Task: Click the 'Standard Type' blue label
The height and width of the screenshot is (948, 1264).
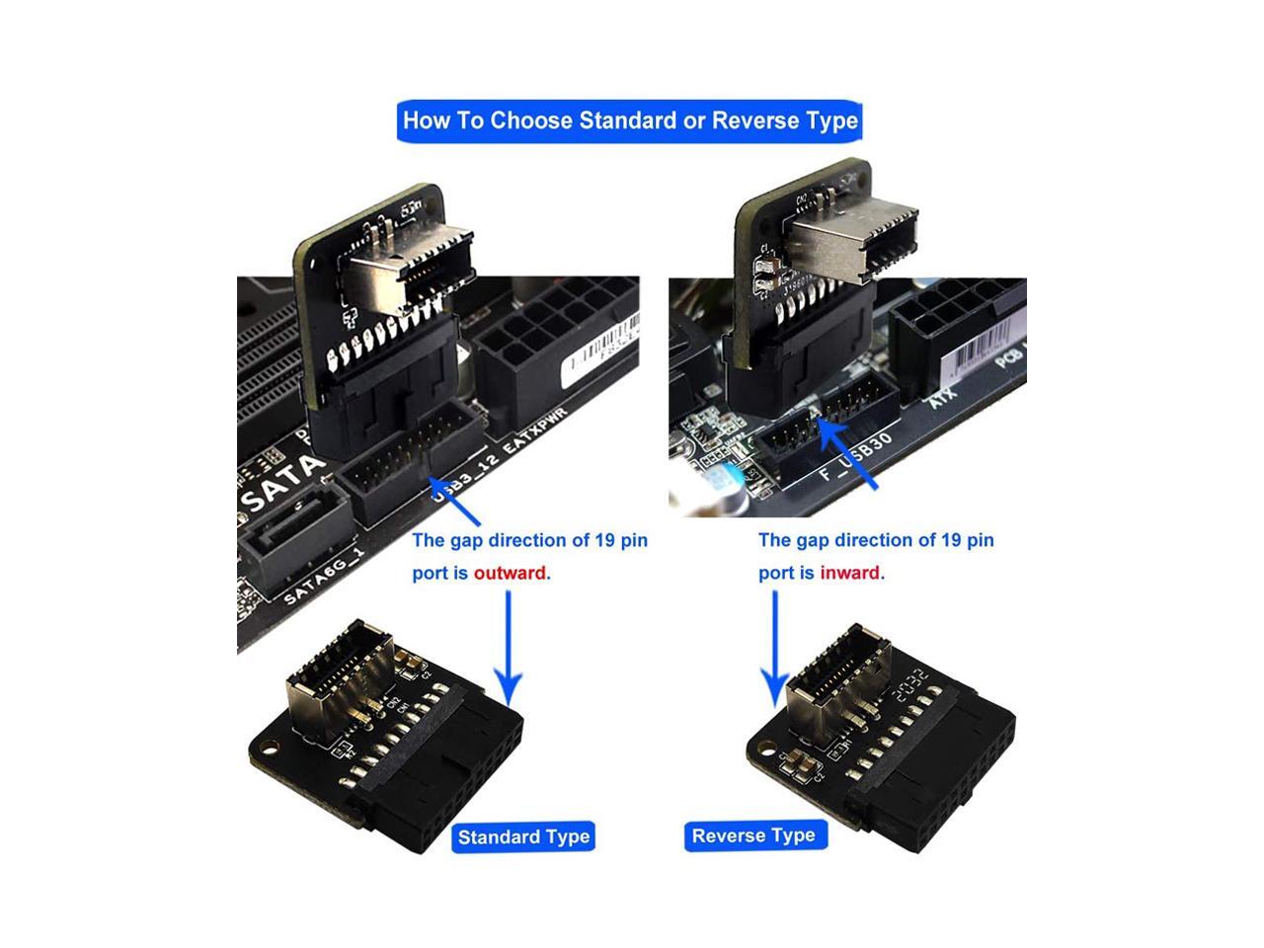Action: click(523, 837)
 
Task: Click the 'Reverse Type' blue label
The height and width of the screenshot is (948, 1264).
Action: click(753, 835)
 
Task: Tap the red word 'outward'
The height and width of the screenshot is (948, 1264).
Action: click(510, 573)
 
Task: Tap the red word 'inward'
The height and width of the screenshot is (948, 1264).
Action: click(850, 573)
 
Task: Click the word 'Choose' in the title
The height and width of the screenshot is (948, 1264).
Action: click(531, 120)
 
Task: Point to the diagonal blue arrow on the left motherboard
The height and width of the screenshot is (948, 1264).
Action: click(454, 502)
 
